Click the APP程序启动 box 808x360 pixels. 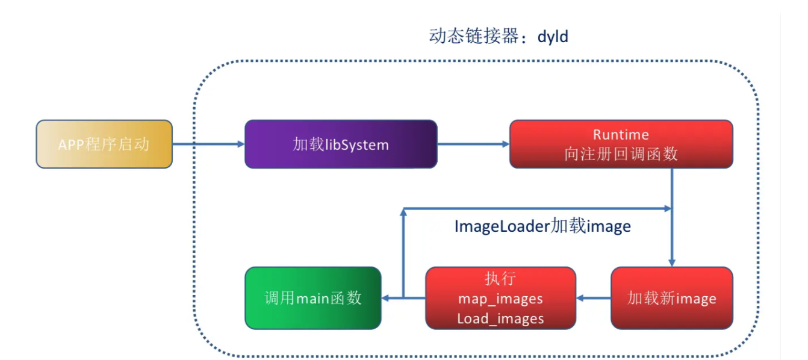(104, 144)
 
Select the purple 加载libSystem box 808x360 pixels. (341, 144)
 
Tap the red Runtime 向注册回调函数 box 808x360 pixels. (621, 144)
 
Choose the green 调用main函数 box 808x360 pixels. (313, 298)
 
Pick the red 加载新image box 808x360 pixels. (672, 298)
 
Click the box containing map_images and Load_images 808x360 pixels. (500, 298)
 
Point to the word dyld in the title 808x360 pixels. (553, 37)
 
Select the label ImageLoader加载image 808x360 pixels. (542, 226)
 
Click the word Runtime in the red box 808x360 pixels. (621, 134)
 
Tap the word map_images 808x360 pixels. (500, 299)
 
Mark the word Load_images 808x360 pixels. (500, 318)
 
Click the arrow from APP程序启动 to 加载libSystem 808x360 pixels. (208, 144)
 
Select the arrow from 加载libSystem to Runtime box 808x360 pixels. (473, 144)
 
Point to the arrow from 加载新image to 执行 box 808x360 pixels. (594, 297)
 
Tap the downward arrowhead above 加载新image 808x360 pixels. (672, 262)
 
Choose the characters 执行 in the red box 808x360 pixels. (500, 279)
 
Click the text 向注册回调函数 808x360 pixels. (621, 154)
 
